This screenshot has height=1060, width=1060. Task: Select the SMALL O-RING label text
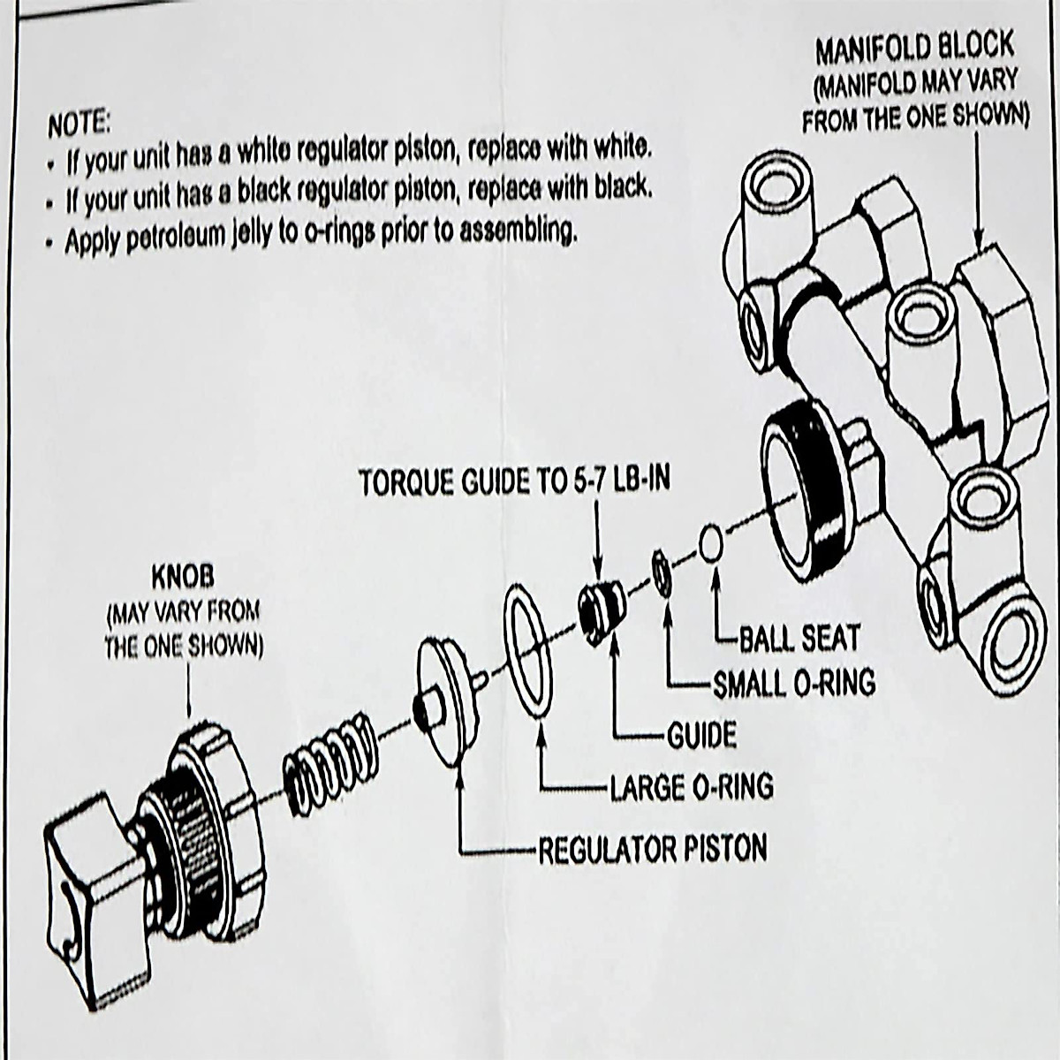pyautogui.click(x=793, y=683)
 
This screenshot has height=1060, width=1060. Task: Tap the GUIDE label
pyautogui.click(x=702, y=734)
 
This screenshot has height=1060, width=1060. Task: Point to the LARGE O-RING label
pyautogui.click(x=692, y=785)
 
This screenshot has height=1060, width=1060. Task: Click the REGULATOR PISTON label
pyautogui.click(x=653, y=849)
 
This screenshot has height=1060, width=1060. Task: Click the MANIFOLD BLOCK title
pyautogui.click(x=914, y=49)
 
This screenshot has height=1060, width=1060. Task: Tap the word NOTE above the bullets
pyautogui.click(x=79, y=125)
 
